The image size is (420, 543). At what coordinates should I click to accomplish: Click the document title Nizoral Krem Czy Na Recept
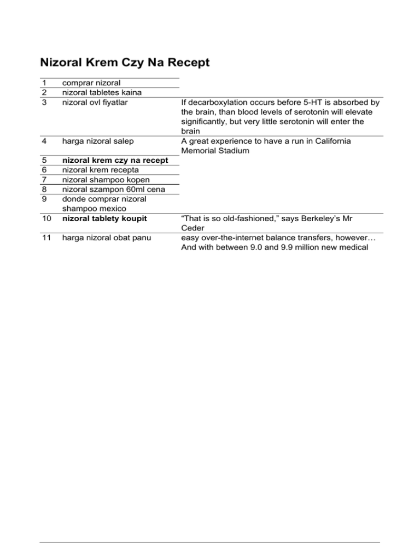point(125,63)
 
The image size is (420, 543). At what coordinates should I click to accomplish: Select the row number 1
point(43,83)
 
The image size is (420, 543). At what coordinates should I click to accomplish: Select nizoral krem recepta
point(100,170)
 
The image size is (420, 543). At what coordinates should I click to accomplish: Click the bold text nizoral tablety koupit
point(104,219)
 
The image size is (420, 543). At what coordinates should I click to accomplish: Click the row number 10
point(45,219)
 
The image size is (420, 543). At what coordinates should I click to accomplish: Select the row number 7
point(43,180)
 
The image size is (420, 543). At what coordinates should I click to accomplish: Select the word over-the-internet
point(227,238)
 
